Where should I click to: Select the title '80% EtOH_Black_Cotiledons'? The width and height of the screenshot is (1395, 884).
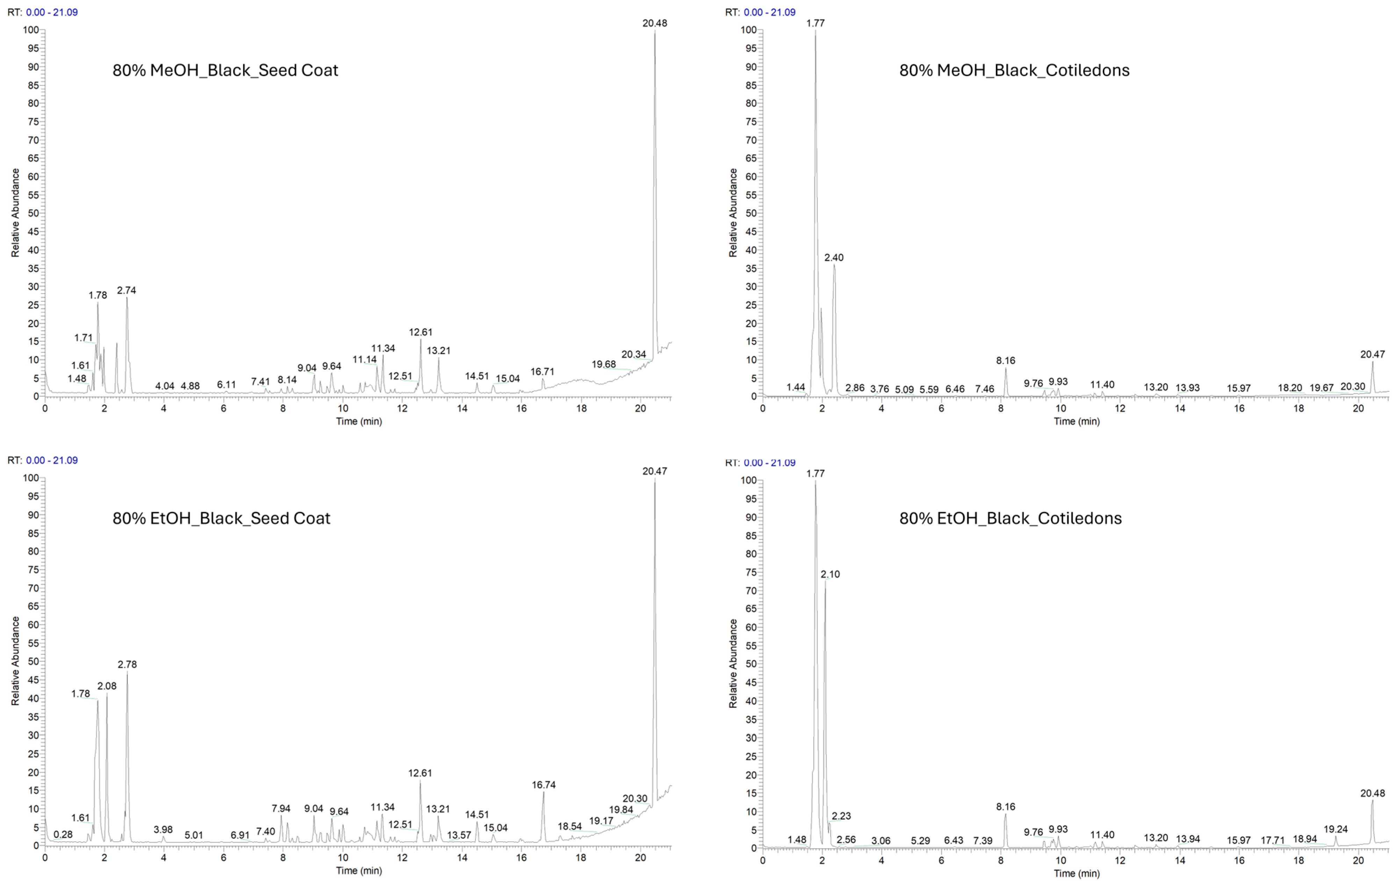click(1010, 518)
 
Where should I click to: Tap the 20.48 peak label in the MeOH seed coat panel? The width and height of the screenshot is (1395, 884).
click(654, 23)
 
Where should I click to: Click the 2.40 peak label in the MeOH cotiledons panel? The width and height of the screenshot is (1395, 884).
click(834, 257)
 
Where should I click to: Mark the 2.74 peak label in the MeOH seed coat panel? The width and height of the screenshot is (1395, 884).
click(126, 290)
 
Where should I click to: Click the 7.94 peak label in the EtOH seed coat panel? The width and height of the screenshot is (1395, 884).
click(281, 808)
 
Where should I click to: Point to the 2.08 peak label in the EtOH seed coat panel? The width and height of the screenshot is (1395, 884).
click(107, 686)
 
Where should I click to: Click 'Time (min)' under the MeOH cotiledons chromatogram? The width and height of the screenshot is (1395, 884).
click(1076, 421)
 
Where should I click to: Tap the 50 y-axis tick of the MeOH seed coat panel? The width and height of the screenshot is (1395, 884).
click(33, 213)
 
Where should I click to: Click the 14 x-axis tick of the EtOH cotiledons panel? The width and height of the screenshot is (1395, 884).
click(1179, 860)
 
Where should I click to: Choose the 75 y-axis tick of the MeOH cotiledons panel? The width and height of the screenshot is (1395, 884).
click(751, 122)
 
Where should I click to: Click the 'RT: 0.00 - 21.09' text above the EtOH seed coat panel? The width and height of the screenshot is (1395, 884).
click(42, 460)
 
